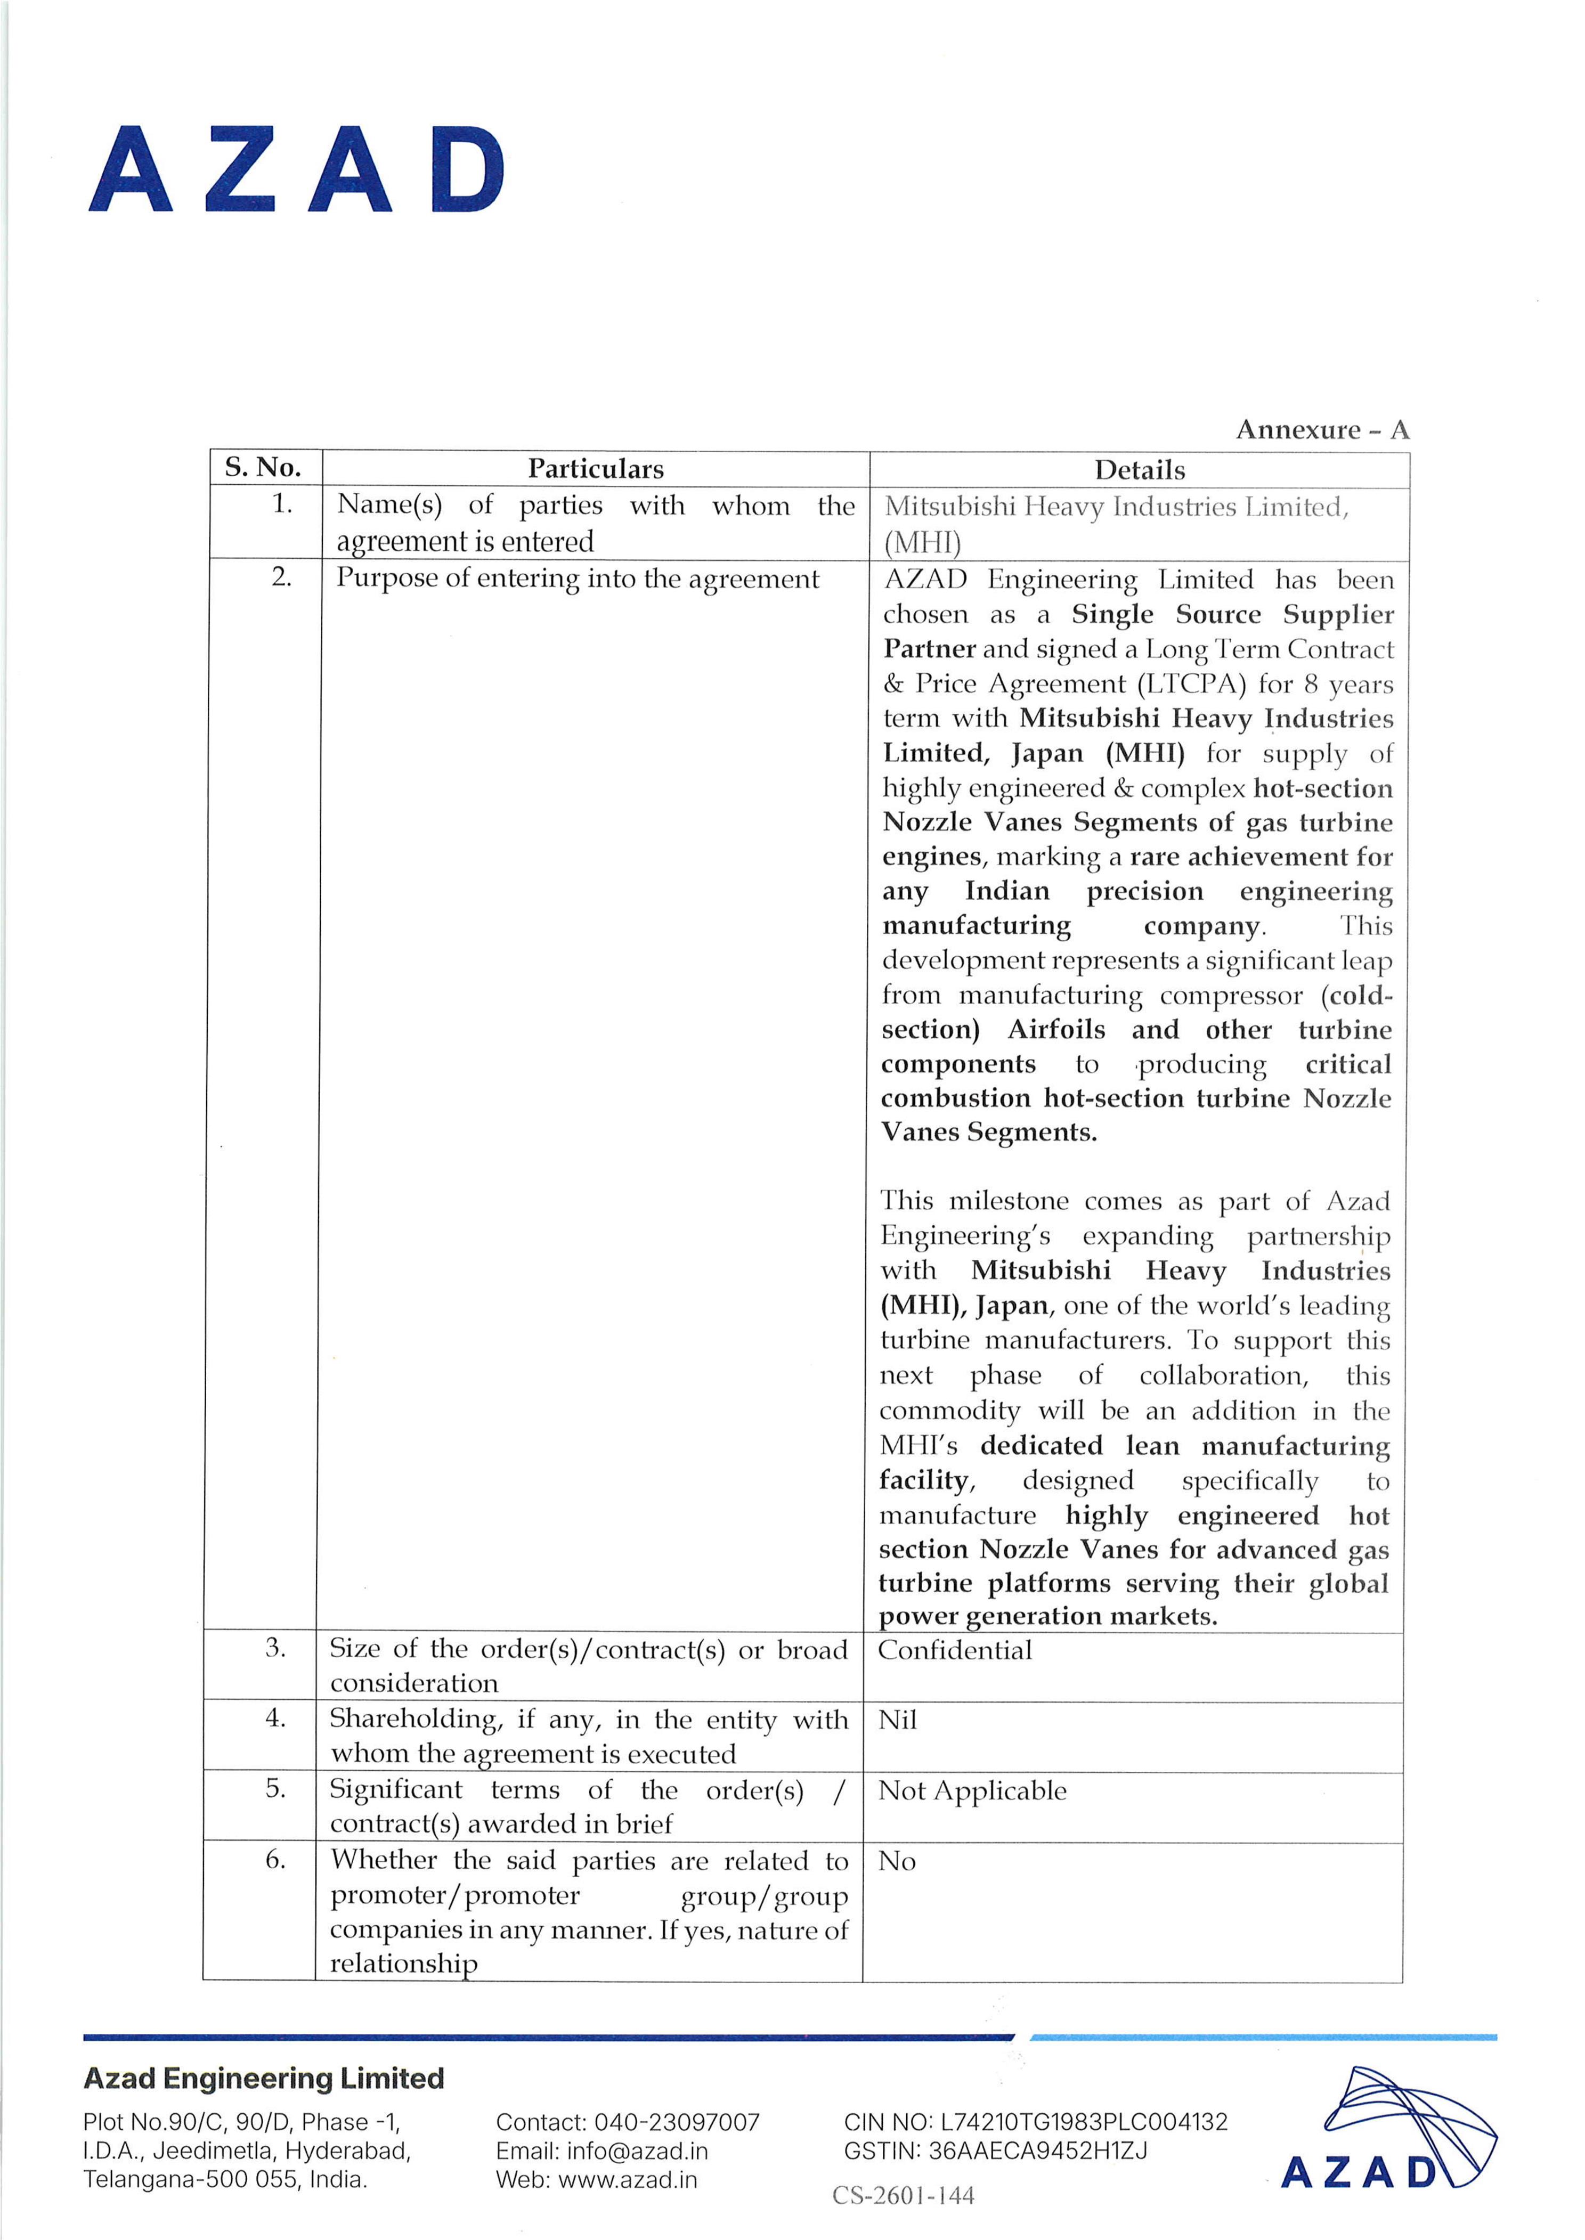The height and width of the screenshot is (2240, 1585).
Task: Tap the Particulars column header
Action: point(595,469)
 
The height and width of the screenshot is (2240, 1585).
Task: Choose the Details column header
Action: point(1139,470)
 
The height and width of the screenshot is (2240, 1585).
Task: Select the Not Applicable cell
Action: point(972,1791)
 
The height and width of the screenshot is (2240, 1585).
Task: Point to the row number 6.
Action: point(276,1860)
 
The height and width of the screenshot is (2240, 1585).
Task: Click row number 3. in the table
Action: point(276,1648)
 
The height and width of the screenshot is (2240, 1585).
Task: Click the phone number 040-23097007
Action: point(677,2122)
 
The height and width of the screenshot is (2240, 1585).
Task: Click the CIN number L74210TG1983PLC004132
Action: point(1083,2122)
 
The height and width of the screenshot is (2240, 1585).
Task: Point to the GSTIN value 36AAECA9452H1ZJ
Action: point(1037,2151)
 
